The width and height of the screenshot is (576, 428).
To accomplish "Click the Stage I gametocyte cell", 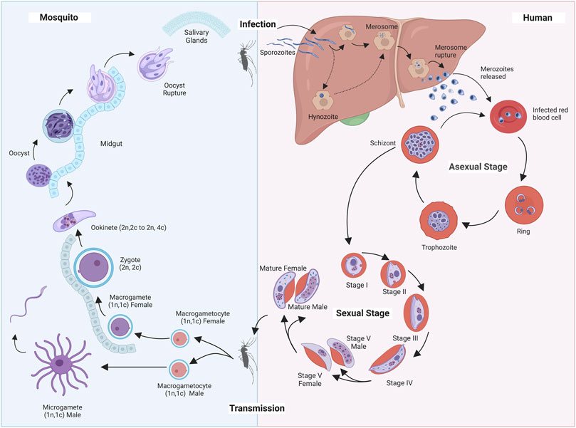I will (354, 268).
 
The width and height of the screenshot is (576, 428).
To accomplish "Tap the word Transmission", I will (257, 408).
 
